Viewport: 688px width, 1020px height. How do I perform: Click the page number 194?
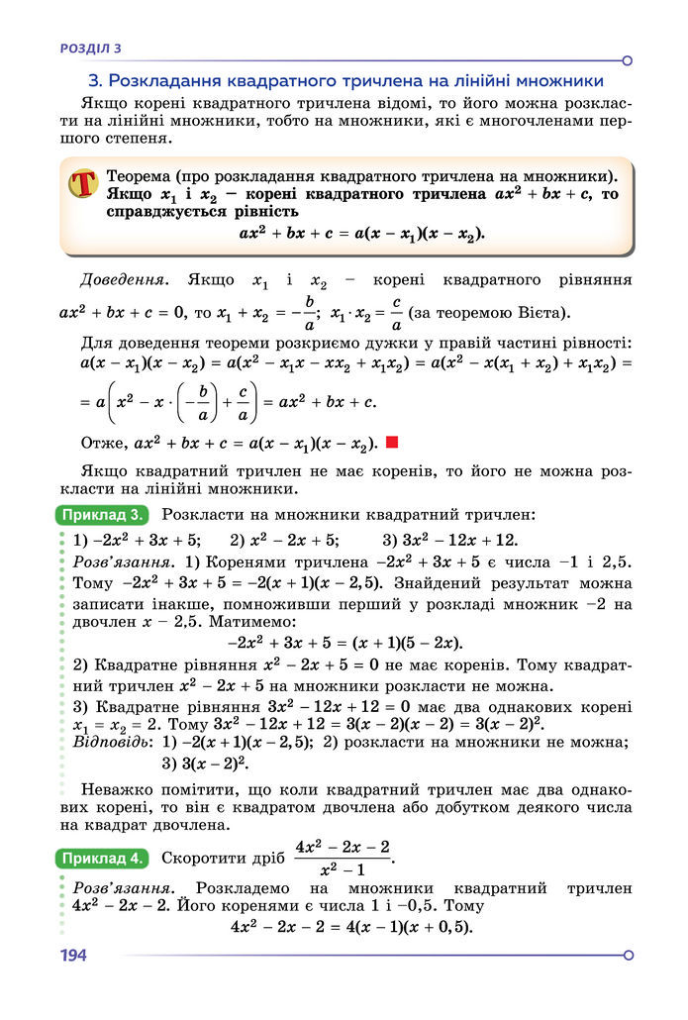coord(73,956)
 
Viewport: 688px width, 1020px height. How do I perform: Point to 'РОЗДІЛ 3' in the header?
coord(90,47)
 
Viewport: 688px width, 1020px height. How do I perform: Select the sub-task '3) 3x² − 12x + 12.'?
coord(449,540)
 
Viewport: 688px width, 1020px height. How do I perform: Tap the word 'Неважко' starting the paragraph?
coord(115,789)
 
